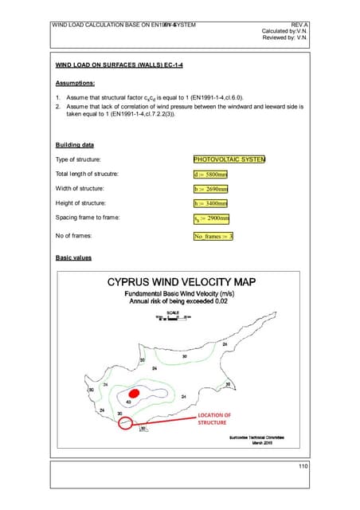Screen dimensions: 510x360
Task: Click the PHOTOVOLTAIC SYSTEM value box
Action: pyautogui.click(x=229, y=159)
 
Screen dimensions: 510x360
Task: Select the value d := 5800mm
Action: pyautogui.click(x=211, y=174)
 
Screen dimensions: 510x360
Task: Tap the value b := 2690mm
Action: pyautogui.click(x=211, y=189)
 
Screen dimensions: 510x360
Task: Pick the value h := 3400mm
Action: pyautogui.click(x=211, y=203)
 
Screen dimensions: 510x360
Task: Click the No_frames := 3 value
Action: pyautogui.click(x=213, y=237)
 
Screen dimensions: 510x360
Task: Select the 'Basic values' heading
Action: pyautogui.click(x=72, y=258)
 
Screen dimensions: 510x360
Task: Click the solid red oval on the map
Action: pyautogui.click(x=134, y=394)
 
